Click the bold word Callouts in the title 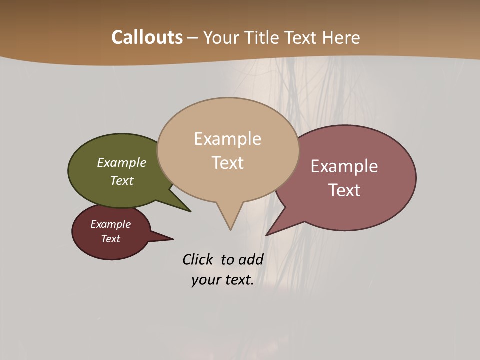(147, 37)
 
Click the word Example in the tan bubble (227, 139)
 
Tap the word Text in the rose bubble (344, 190)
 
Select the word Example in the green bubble (122, 162)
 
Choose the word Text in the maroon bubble (110, 239)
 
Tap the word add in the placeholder (251, 259)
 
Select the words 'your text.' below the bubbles (223, 280)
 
